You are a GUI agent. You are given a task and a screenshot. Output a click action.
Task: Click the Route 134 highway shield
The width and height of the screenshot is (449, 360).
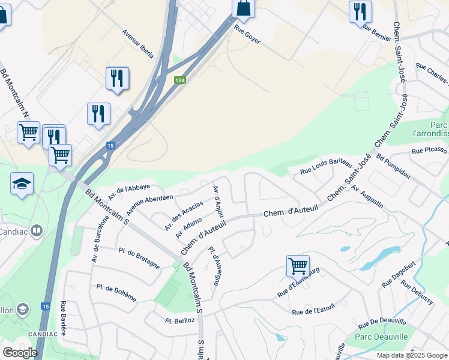click(179, 80)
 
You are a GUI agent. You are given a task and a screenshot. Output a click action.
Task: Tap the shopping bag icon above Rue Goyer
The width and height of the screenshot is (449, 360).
click(243, 8)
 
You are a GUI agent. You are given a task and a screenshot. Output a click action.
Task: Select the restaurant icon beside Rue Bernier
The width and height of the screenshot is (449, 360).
click(360, 11)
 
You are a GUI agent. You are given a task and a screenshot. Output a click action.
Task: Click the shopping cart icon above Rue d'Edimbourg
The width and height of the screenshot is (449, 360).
click(298, 265)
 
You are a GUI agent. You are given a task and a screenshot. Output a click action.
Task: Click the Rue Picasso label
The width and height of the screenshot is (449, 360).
click(429, 150)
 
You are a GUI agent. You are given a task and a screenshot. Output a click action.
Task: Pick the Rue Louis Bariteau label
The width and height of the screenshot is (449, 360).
click(326, 164)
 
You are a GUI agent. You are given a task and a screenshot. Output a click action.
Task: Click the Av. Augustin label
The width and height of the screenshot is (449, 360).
click(367, 196)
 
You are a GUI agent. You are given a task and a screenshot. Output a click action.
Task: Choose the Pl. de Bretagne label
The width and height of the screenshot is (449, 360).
click(139, 258)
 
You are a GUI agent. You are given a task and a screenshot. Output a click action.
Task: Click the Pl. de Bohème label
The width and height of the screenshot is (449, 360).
click(116, 292)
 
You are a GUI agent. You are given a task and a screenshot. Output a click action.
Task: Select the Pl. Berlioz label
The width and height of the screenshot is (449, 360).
click(180, 320)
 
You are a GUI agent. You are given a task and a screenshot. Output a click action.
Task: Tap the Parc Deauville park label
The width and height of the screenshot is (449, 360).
click(381, 337)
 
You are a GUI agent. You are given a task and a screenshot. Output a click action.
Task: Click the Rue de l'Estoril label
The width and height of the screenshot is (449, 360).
click(312, 311)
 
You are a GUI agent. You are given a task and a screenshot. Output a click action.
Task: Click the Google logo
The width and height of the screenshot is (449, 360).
click(20, 353)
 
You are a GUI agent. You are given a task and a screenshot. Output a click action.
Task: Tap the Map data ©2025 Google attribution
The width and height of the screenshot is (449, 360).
click(411, 355)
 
